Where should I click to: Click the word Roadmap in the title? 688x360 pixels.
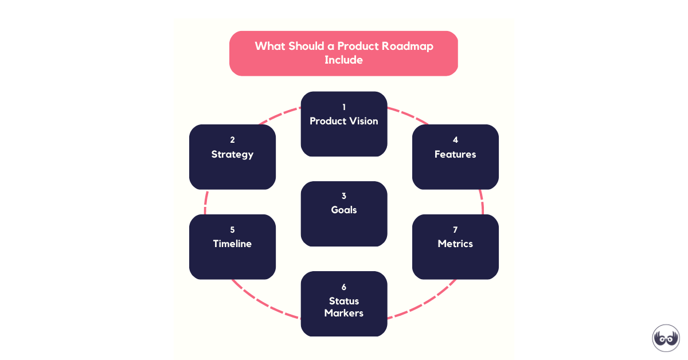(x=407, y=46)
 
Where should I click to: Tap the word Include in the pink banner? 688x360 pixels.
(x=343, y=60)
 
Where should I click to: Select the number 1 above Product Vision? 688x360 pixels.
(x=344, y=107)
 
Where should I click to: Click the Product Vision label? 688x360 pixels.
(x=343, y=121)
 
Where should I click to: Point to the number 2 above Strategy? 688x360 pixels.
(x=233, y=140)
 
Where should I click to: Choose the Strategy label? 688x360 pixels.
(x=232, y=154)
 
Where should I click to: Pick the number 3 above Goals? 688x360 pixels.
(x=344, y=195)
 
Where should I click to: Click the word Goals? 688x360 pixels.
(x=343, y=210)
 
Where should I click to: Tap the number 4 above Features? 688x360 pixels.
(x=455, y=140)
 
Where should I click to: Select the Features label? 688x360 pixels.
(x=455, y=154)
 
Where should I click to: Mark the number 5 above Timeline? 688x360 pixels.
(x=233, y=230)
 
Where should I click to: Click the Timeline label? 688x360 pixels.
(x=232, y=244)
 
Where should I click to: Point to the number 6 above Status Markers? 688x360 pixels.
(x=344, y=287)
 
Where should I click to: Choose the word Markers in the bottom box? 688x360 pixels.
(x=343, y=313)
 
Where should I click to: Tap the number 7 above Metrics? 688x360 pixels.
(x=455, y=230)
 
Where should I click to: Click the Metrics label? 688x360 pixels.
(x=455, y=244)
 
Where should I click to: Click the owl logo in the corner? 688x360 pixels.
(x=666, y=338)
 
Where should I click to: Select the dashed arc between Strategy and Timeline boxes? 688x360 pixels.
(x=205, y=202)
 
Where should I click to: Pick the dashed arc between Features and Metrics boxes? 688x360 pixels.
(x=482, y=202)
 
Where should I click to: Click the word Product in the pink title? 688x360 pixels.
(x=358, y=46)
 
